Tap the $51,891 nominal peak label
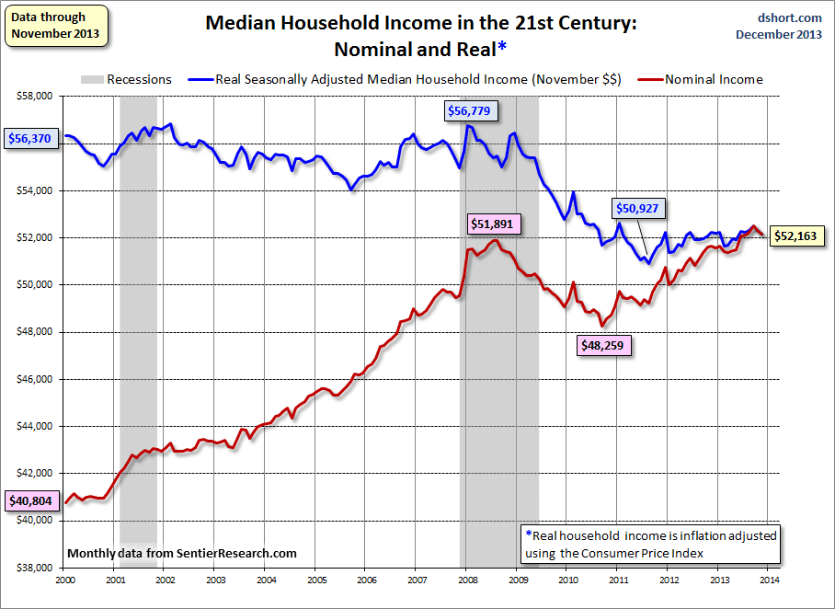pyautogui.click(x=494, y=224)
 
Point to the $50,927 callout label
pyautogui.click(x=638, y=208)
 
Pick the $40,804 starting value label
pyautogui.click(x=30, y=501)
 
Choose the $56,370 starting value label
pyautogui.click(x=30, y=139)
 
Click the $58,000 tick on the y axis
pyautogui.click(x=33, y=96)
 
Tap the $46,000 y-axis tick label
pyautogui.click(x=33, y=379)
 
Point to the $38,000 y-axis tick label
pyautogui.click(x=33, y=568)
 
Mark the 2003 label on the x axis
pyautogui.click(x=214, y=580)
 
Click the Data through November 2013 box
pyautogui.click(x=55, y=26)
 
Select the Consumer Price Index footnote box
pyautogui.click(x=650, y=545)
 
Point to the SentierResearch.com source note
pyautogui.click(x=182, y=553)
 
